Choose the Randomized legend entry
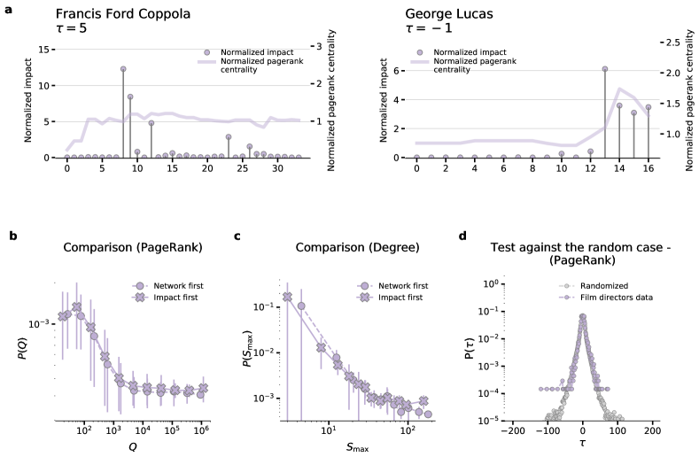(x=604, y=286)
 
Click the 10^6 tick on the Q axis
(x=202, y=430)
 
